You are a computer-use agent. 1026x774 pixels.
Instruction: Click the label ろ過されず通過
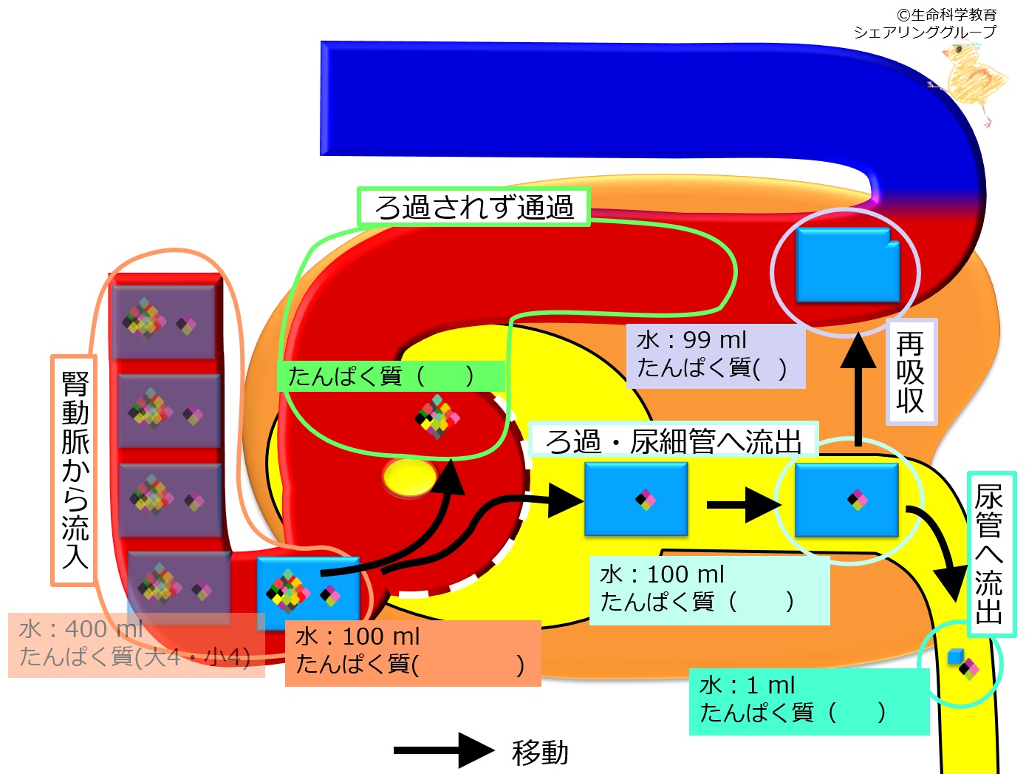pos(473,207)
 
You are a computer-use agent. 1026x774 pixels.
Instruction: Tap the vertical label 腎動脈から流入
pos(75,469)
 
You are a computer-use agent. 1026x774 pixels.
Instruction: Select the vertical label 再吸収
pos(909,373)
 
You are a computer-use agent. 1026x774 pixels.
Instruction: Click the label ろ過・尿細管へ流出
pos(674,441)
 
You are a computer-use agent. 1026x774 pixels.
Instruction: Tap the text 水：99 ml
pos(691,340)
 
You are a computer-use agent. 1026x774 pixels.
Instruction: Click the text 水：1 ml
pos(747,686)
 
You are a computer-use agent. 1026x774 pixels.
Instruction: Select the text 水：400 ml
pos(81,629)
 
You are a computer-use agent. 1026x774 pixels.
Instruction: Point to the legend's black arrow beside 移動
pos(444,750)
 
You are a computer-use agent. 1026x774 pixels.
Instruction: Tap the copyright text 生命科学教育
pos(953,15)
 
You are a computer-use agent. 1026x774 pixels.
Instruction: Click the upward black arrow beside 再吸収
pos(858,389)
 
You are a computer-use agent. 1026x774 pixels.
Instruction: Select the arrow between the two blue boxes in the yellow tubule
pos(744,505)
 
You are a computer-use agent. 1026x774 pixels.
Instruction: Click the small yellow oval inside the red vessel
pos(409,477)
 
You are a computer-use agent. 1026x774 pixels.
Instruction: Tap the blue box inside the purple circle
pos(847,265)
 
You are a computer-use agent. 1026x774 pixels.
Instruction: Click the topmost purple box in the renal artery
pos(164,322)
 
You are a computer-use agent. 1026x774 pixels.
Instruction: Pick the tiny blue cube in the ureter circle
pos(955,656)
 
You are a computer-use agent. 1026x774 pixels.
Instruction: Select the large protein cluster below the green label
pos(437,417)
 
